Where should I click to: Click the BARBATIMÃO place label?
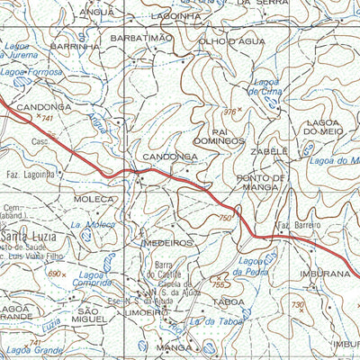pyautogui.click(x=139, y=38)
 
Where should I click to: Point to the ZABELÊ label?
pyautogui.click(x=270, y=151)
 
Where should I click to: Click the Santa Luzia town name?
pyautogui.click(x=30, y=236)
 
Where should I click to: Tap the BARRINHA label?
pyautogui.click(x=75, y=45)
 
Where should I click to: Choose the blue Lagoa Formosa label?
pyautogui.click(x=32, y=71)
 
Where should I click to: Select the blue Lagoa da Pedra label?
pyautogui.click(x=253, y=265)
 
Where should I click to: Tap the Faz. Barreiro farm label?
pyautogui.click(x=297, y=224)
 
